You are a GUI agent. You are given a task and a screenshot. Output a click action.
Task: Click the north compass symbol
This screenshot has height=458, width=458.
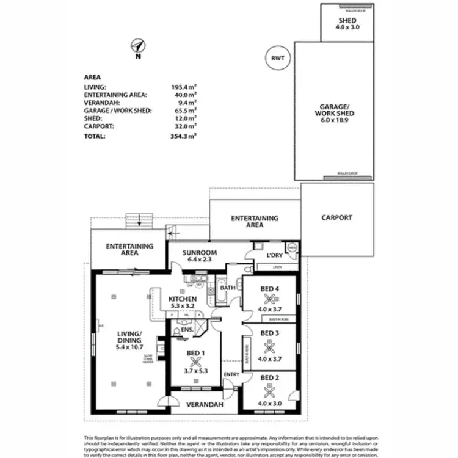(x=139, y=46)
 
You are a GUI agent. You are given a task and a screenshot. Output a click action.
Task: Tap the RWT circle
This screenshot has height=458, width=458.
(x=278, y=58)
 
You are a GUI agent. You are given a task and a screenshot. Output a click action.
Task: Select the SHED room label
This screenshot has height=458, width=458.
(x=347, y=20)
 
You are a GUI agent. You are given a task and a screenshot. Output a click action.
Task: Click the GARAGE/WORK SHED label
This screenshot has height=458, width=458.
(x=334, y=109)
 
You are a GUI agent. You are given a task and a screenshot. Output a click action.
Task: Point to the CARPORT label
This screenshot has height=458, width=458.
(x=337, y=217)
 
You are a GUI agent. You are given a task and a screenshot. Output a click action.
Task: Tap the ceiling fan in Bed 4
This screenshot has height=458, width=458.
(x=269, y=299)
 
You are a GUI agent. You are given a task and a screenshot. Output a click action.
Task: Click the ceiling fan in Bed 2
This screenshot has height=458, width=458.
(x=269, y=391)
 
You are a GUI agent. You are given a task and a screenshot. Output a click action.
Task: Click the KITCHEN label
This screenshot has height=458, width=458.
(x=182, y=299)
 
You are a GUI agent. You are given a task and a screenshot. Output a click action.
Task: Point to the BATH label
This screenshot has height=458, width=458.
(x=228, y=288)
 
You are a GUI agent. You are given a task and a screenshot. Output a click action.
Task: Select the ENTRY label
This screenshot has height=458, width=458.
(x=231, y=374)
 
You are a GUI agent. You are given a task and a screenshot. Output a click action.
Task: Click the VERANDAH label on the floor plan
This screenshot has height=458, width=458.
(x=205, y=404)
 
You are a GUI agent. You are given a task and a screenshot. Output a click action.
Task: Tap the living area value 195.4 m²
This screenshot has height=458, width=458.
(x=183, y=88)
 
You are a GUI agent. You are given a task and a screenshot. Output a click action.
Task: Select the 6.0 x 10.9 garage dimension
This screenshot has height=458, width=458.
(x=334, y=121)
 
